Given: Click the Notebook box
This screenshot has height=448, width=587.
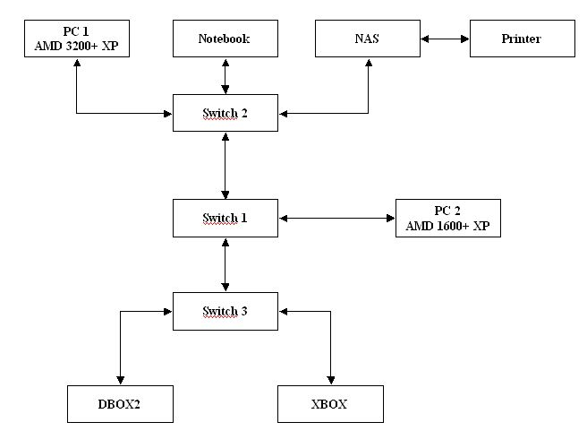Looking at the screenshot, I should [225, 39].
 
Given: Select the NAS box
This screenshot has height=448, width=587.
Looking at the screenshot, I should [368, 39].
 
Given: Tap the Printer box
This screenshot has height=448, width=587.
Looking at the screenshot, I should [523, 39].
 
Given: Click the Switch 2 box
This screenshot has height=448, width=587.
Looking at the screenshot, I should [225, 113].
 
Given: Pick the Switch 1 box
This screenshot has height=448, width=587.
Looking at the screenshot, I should [225, 218].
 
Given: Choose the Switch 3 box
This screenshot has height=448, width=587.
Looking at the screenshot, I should [225, 311].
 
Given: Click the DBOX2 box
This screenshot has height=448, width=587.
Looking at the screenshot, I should [119, 403].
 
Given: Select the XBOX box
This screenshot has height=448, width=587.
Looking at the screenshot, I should [330, 403].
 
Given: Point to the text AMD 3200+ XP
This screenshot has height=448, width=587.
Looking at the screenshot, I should [76, 45].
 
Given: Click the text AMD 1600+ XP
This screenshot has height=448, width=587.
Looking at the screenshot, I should [448, 224].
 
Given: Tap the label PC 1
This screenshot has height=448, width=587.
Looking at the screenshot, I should [76, 32].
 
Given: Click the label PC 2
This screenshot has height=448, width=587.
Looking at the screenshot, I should [448, 211].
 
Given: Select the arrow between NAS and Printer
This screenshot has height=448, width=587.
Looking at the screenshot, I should [445, 39].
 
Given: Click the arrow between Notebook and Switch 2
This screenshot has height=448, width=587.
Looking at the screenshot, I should [225, 76].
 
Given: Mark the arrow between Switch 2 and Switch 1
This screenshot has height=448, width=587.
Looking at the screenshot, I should [225, 166].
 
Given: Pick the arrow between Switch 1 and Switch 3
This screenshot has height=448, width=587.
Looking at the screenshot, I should [225, 264].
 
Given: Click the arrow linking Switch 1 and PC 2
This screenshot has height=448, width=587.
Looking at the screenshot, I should [336, 218].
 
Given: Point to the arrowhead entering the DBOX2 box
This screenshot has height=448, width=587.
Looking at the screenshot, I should [119, 381].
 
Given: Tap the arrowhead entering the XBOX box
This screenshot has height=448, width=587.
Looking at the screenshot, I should [330, 381].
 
